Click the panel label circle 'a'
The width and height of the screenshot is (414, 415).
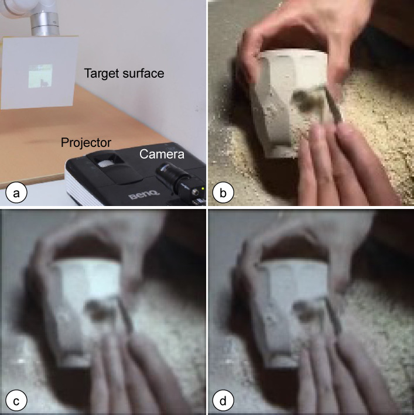click(x=16, y=193)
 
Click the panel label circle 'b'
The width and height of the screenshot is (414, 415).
click(x=223, y=193)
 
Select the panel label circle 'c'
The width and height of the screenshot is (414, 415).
click(x=16, y=401)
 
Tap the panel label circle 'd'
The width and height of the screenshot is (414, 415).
click(x=223, y=401)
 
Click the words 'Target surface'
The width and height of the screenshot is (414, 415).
click(x=124, y=73)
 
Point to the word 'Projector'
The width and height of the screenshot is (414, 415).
click(x=86, y=143)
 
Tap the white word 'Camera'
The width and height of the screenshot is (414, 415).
click(x=162, y=154)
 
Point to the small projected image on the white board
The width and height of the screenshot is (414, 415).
click(x=40, y=76)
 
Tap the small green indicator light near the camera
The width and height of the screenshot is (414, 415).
click(x=203, y=188)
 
